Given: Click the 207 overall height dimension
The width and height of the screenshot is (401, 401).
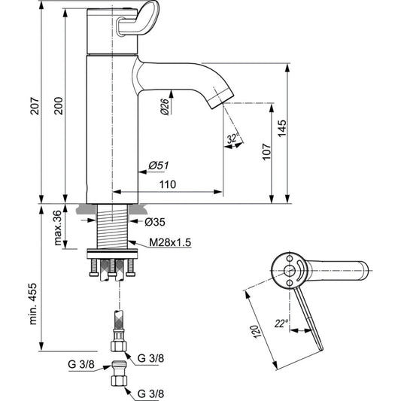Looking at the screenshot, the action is click(35, 105).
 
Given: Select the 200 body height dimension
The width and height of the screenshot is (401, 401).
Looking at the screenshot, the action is click(59, 105).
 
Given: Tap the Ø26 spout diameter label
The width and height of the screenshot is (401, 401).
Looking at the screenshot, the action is click(166, 107).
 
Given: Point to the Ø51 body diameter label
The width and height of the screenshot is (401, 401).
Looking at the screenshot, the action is click(159, 166).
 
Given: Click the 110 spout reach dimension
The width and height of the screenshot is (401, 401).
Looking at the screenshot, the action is click(168, 184).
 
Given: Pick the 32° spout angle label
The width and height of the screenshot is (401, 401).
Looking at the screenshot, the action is click(232, 139).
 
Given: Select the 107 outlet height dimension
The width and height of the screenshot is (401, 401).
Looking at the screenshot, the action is click(267, 152).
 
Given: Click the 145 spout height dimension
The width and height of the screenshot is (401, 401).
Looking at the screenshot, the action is click(282, 129).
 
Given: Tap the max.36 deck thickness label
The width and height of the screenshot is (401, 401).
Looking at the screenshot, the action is click(58, 228).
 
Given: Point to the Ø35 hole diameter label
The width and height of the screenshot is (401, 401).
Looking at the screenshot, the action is click(155, 222).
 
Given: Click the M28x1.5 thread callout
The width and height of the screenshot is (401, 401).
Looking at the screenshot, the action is click(170, 242).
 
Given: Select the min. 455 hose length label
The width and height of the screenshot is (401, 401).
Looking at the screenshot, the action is click(33, 304).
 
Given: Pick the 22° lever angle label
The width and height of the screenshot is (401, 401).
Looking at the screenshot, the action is click(281, 324).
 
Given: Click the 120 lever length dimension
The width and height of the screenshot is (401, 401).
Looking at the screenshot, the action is click(257, 332).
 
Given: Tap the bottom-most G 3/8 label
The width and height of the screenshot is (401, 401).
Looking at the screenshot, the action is click(150, 393).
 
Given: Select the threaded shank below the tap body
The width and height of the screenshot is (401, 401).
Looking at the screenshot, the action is click(113, 226).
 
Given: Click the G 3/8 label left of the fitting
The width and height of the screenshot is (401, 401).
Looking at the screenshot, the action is click(81, 364).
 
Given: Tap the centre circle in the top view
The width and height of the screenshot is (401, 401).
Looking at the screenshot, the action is click(290, 270).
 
